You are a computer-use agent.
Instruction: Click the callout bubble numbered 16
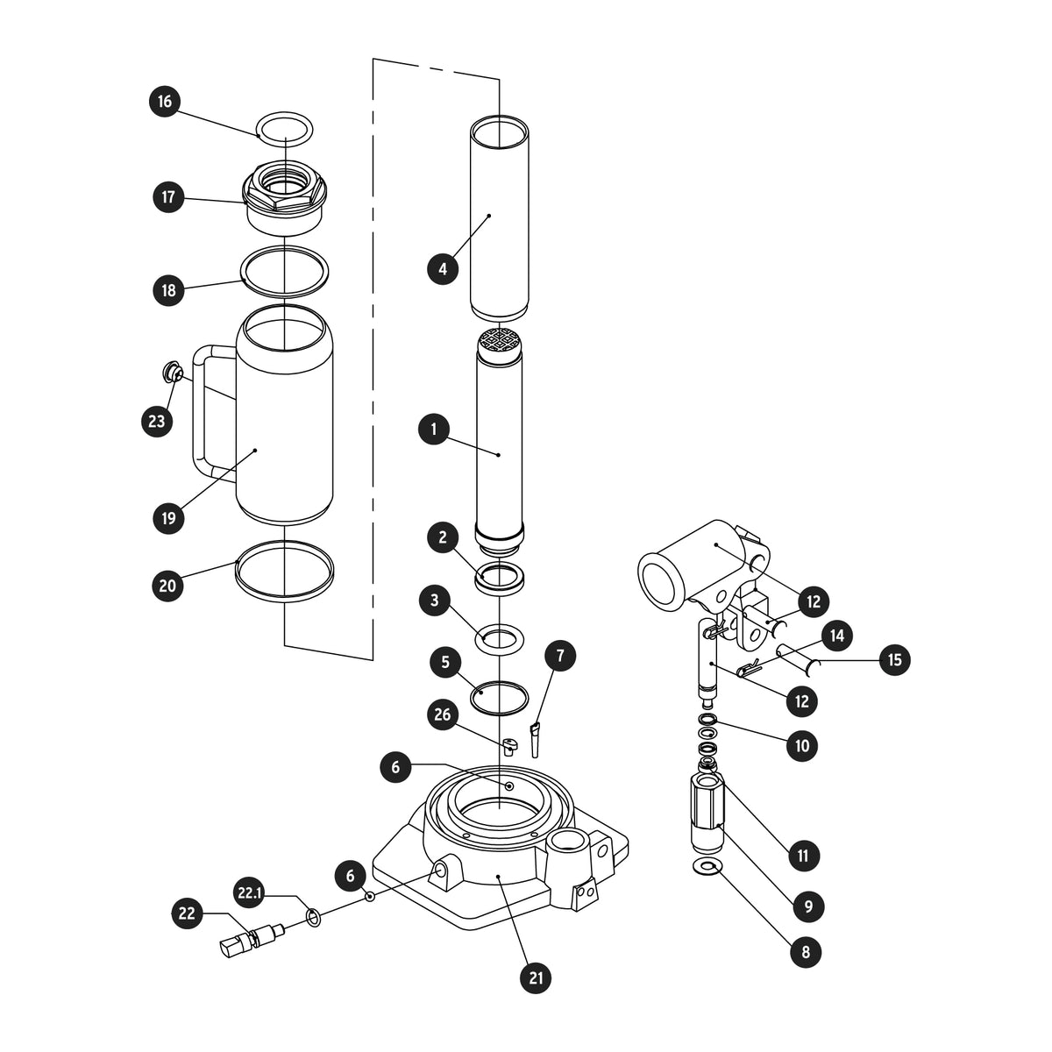coord(164,102)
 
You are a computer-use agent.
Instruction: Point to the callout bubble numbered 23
coord(157,421)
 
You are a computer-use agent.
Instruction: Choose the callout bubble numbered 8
coord(806,952)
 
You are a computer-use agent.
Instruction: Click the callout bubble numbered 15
coord(894,660)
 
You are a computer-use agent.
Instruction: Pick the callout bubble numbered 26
coord(442,714)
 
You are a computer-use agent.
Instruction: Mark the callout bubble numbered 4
coord(443,268)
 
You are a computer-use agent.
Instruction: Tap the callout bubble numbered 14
coord(837,635)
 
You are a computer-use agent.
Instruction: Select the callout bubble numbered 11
coord(802,856)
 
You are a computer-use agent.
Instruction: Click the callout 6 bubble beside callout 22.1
coord(351,876)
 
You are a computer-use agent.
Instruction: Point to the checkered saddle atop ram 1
coord(499,342)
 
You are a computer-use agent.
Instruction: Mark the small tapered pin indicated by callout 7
coord(535,740)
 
